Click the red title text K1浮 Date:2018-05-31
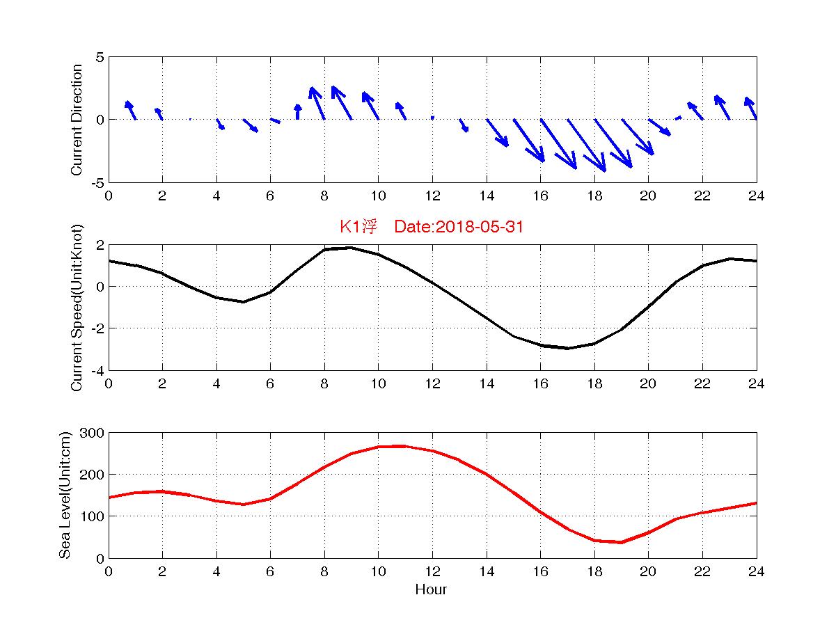tap(431, 227)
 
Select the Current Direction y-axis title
tap(77, 120)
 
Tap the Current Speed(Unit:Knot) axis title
tap(77, 307)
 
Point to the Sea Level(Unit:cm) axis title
tap(65, 495)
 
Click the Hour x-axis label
tap(431, 590)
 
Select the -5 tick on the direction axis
tap(97, 182)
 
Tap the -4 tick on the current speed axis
tap(97, 370)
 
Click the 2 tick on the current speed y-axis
tap(100, 245)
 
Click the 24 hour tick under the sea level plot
tap(756, 571)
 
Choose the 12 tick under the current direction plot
tap(432, 196)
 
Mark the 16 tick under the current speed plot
tap(540, 383)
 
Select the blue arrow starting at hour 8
tap(317, 103)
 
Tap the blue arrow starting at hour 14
tap(497, 132)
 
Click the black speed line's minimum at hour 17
tap(567, 348)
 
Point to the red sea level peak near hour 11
tap(404, 446)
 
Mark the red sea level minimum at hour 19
tap(621, 542)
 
